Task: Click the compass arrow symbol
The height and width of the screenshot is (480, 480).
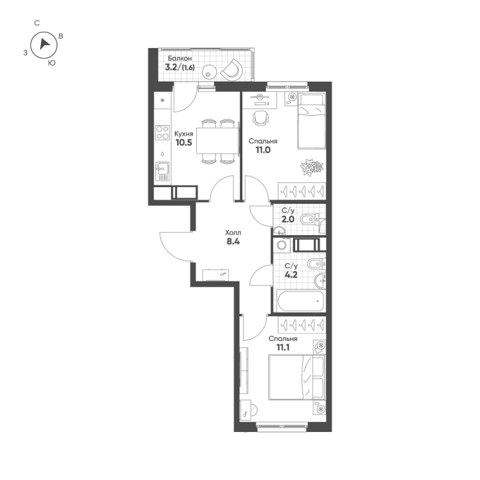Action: click(x=44, y=44)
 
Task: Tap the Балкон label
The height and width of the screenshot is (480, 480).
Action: click(x=180, y=58)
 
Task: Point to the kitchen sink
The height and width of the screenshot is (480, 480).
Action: click(x=162, y=171)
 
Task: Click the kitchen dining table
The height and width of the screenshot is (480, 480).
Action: click(x=217, y=142)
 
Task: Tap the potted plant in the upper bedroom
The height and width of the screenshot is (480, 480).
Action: click(x=311, y=167)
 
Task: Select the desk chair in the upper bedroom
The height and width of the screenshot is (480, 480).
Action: click(x=260, y=118)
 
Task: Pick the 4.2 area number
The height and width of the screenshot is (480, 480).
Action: click(x=291, y=277)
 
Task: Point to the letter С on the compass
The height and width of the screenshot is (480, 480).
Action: click(x=37, y=23)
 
